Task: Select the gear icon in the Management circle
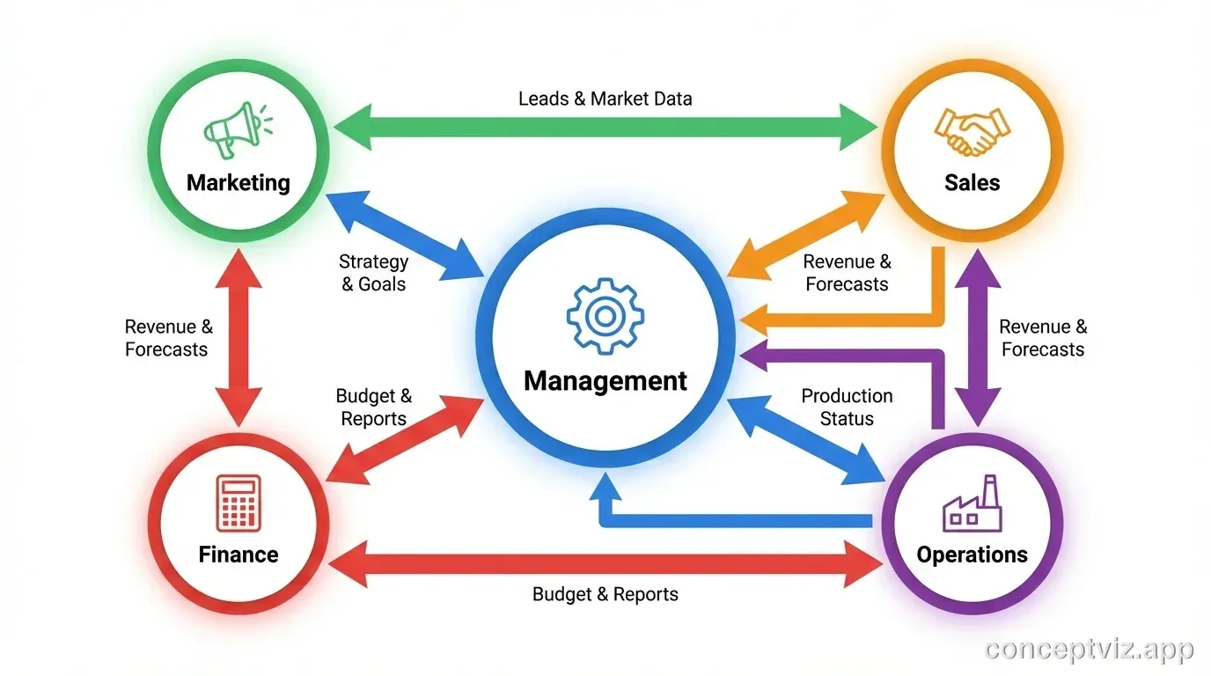(x=605, y=316)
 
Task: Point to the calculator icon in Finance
(x=239, y=503)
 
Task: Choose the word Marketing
(x=238, y=183)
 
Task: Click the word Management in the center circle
(x=605, y=381)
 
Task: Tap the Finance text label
(x=238, y=555)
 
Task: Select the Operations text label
(x=972, y=555)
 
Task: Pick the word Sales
(x=972, y=183)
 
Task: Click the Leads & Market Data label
(x=605, y=99)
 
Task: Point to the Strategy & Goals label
(x=373, y=273)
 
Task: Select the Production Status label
(x=846, y=408)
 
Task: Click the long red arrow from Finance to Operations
(x=605, y=563)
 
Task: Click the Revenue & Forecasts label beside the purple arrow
(x=1043, y=338)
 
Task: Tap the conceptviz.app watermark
(x=1089, y=650)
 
